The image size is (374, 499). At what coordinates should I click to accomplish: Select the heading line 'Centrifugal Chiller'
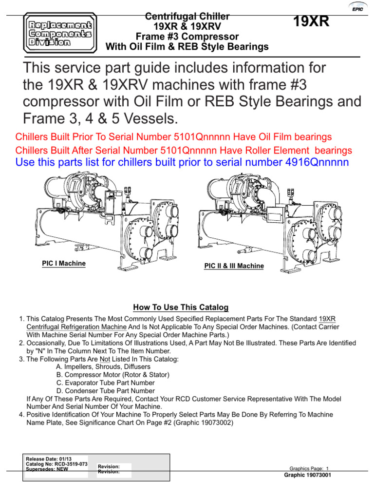point(187,17)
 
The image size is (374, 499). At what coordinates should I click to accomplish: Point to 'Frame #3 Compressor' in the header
point(187,37)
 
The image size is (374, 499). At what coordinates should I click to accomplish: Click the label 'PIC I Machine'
point(63,264)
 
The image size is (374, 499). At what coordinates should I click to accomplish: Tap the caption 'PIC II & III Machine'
point(234,266)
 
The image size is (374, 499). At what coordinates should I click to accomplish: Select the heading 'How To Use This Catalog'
point(181,307)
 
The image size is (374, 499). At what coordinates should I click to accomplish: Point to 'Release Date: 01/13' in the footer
point(45,459)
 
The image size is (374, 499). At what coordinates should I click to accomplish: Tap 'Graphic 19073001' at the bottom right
point(308,475)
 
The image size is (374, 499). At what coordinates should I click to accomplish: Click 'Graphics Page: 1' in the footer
point(309,468)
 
